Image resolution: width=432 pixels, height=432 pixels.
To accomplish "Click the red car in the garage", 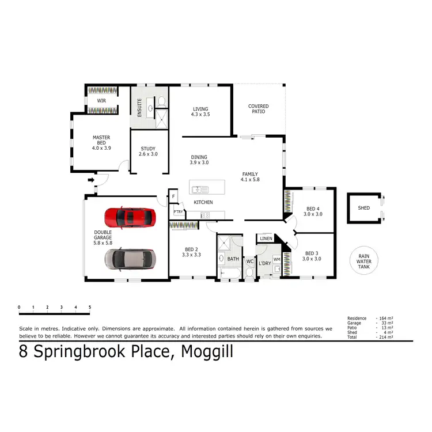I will coord(130,217).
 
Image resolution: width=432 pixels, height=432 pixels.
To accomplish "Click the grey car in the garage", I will coord(130,259).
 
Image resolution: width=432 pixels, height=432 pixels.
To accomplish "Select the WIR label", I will coord(101,101).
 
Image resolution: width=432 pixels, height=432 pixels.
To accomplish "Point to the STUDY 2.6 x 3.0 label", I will coord(149,151).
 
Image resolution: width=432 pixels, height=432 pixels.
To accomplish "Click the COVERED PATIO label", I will coord(258,109).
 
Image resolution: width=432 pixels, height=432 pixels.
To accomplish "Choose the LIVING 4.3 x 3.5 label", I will coord(200,112).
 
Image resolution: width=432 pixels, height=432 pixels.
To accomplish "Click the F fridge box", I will coord(173,197).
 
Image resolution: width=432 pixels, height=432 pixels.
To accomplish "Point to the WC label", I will coord(249,260).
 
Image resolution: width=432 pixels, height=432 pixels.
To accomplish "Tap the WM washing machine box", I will coord(276,260).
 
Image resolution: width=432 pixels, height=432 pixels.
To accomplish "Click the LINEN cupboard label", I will coord(266,238).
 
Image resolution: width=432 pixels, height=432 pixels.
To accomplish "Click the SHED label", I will coord(363,208).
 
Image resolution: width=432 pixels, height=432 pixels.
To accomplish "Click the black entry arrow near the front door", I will coord(90,180).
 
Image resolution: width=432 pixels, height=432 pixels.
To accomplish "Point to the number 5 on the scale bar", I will coord(90,308).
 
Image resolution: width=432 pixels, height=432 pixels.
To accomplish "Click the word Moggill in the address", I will coord(207,351).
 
